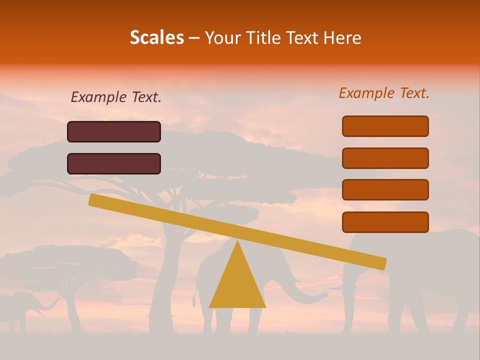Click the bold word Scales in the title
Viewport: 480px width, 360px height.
pyautogui.click(x=156, y=38)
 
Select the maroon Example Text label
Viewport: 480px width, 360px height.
pyautogui.click(x=116, y=97)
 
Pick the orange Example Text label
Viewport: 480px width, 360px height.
pyautogui.click(x=384, y=93)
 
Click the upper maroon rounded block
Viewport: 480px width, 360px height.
pyautogui.click(x=114, y=131)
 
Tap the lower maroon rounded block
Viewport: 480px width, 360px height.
pyautogui.click(x=114, y=163)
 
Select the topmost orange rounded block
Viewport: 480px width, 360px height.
pyautogui.click(x=385, y=126)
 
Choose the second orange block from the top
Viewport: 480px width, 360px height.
pyautogui.click(x=385, y=158)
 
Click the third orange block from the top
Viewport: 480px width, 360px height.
pyautogui.click(x=385, y=190)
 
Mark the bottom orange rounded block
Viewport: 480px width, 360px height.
pyautogui.click(x=385, y=222)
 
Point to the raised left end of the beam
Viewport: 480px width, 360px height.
pyautogui.click(x=95, y=200)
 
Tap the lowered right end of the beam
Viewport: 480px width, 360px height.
pyautogui.click(x=380, y=263)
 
